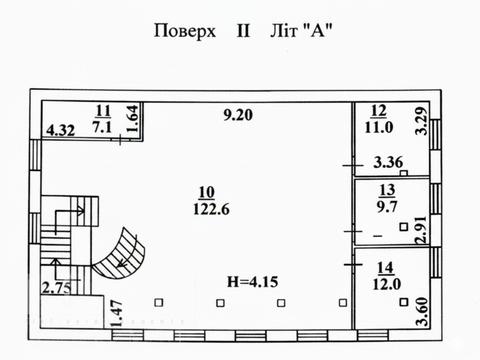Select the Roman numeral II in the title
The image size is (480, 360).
pyautogui.click(x=242, y=30)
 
